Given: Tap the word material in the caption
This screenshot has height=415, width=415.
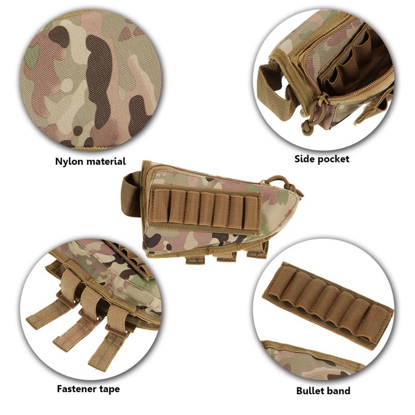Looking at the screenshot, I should [105, 161].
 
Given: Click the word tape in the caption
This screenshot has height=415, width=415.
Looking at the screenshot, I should [109, 389].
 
